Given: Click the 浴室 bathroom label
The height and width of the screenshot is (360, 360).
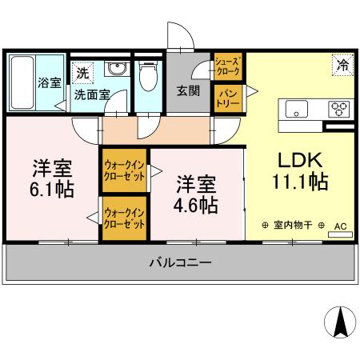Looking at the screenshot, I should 50,82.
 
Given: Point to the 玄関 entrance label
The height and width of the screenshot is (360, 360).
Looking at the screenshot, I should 189,90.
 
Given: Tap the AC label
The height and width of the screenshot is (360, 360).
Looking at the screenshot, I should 340,226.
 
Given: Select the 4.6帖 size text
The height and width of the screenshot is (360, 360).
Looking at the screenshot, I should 197,206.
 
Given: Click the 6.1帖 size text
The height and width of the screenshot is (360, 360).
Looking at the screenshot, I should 53,190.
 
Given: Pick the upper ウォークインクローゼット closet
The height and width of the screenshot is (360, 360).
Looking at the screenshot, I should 124,171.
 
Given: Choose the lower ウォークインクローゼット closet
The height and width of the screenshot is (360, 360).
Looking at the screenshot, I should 124,218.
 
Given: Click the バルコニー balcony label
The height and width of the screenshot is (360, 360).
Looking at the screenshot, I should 180,262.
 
